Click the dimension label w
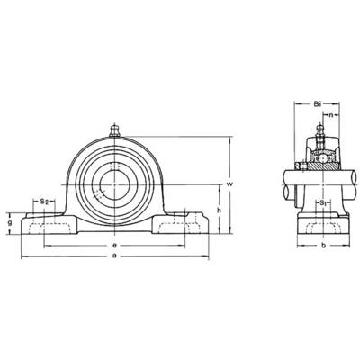pos(229,184)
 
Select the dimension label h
pos(220,210)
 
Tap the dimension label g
pos(10,223)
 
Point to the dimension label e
pos(114,246)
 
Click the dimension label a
pos(114,256)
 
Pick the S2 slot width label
pos(44,202)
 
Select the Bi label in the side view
pos(318,104)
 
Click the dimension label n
pos(331,115)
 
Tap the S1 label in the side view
pos(323,203)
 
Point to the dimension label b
pos(323,246)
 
